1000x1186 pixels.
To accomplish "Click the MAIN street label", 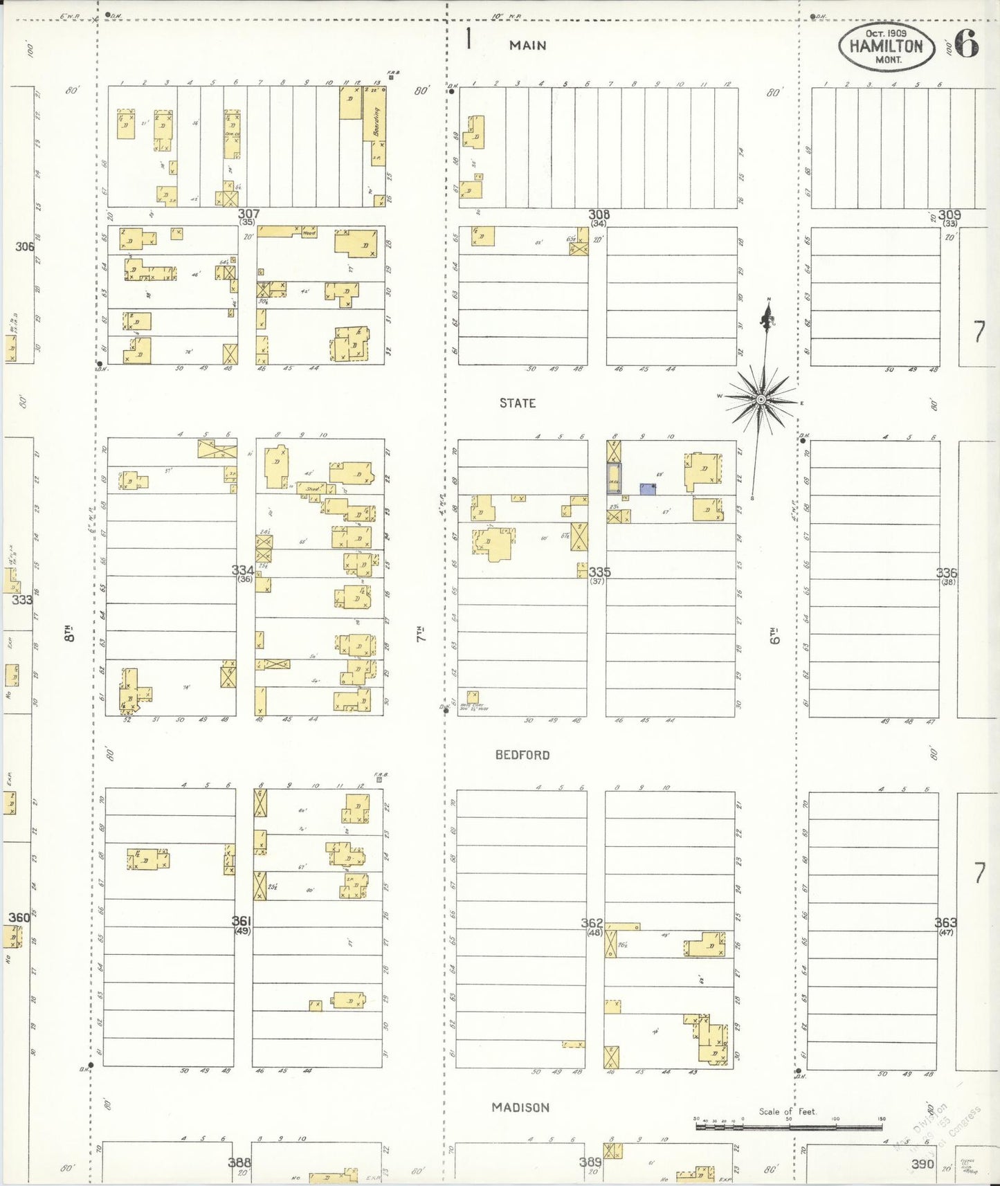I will tap(527, 46).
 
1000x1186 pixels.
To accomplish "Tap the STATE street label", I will tap(518, 403).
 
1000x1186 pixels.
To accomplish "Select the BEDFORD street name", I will tap(522, 755).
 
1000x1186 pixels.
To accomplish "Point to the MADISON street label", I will tap(520, 1108).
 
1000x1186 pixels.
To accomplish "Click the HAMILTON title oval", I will tap(887, 47).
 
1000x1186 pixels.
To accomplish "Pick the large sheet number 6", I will tap(967, 45).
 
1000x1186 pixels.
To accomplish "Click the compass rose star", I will tap(761, 399).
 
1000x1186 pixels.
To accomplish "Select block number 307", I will tap(248, 214).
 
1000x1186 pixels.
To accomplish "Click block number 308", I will tap(599, 215).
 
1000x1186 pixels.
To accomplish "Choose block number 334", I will tap(242, 570).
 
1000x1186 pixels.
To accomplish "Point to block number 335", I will tap(599, 572).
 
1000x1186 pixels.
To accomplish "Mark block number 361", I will tap(242, 921).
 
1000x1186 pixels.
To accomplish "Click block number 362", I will tap(592, 923).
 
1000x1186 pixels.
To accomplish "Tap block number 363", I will tap(945, 922).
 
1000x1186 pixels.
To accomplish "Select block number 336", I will tap(946, 573).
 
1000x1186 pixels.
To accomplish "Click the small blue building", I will tap(648, 489).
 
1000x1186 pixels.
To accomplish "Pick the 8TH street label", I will tap(69, 633).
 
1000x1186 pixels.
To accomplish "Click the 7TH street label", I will tap(421, 633).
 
